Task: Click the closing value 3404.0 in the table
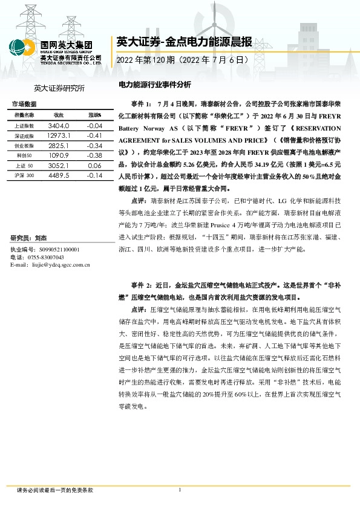click(59, 125)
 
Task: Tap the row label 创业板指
click(24, 146)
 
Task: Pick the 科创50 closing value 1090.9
click(59, 155)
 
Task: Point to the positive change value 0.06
click(94, 165)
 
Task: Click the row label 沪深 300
click(24, 175)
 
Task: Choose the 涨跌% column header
click(94, 115)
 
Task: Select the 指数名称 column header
click(24, 115)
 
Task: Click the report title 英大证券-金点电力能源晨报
click(183, 42)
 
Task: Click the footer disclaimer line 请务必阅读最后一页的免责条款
click(55, 491)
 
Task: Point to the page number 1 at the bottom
click(180, 490)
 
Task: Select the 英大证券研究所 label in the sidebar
click(59, 88)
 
